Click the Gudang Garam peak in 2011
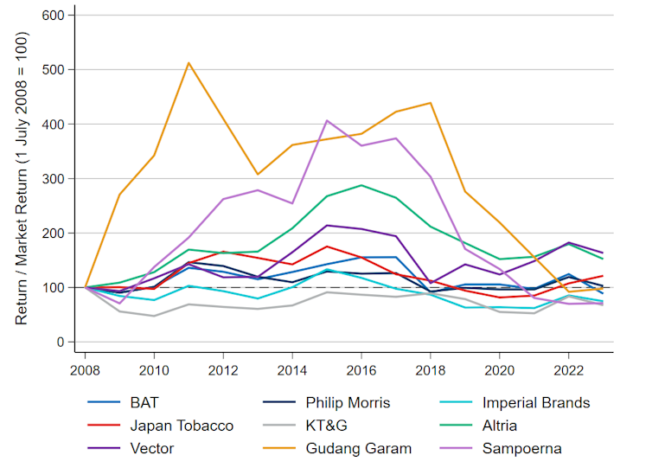(x=189, y=62)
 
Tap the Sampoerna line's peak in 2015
(x=327, y=120)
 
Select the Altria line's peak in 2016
(x=361, y=185)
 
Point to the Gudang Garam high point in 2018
(x=431, y=103)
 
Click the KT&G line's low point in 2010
(x=154, y=316)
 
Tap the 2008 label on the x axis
(x=85, y=368)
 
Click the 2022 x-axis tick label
(x=569, y=368)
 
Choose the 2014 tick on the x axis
(x=292, y=368)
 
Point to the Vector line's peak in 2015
(x=327, y=225)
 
